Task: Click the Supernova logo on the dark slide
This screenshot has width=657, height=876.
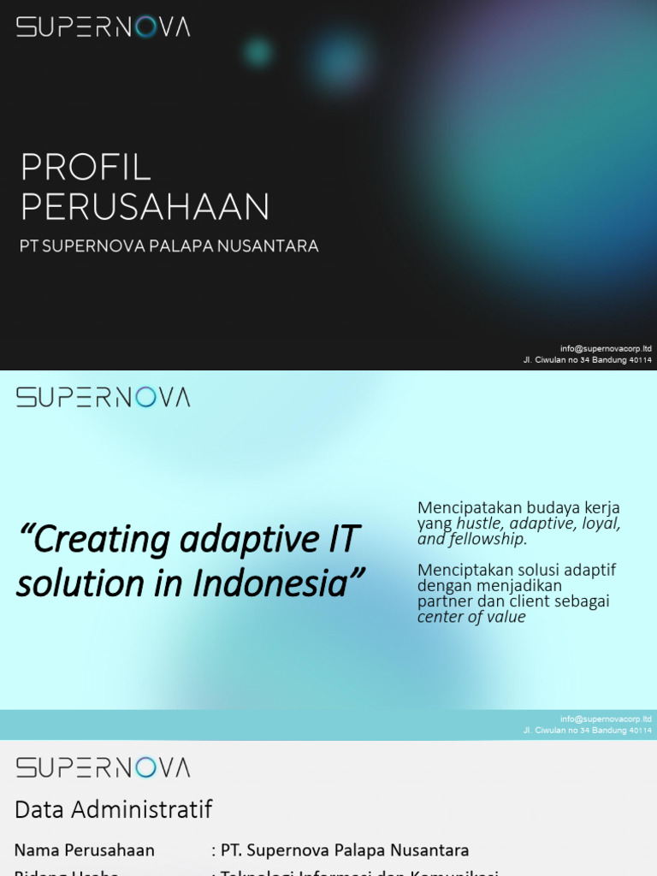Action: coord(103,27)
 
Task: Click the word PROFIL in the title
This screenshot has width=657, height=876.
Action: coord(86,168)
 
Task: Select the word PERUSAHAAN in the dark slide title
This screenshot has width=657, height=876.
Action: coord(145,207)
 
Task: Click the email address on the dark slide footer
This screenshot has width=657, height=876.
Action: coord(606,348)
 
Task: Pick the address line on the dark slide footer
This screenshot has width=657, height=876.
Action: coord(587,360)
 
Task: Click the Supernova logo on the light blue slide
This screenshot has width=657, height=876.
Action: coord(103,397)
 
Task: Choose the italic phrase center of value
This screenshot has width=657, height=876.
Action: coord(471,617)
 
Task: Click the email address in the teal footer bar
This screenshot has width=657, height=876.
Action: coord(606,719)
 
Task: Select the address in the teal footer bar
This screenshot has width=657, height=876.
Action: coord(587,731)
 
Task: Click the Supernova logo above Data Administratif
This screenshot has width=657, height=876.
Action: coord(103,766)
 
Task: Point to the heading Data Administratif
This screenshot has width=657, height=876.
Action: coord(113,809)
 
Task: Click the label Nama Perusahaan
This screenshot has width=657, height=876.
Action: coord(85,850)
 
